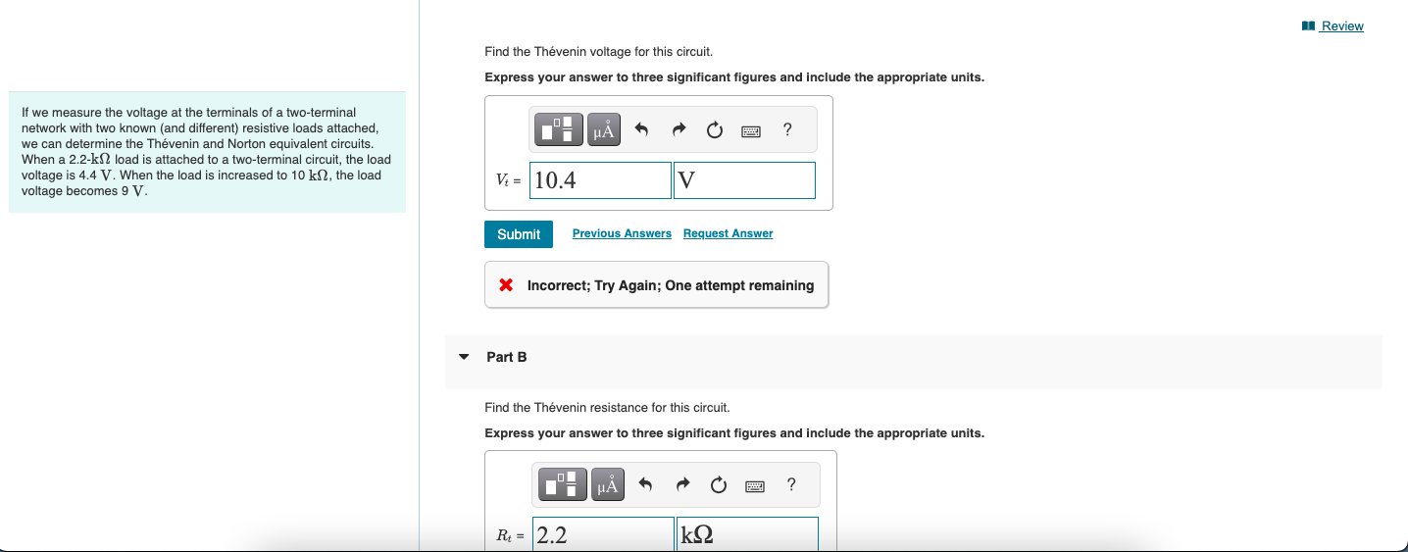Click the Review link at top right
tap(1340, 26)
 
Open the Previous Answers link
tap(622, 233)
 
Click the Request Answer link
tap(728, 233)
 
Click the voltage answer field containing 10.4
tap(600, 180)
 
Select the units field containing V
tap(744, 180)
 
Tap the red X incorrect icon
tap(506, 285)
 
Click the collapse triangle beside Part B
tap(464, 357)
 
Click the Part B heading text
tap(507, 357)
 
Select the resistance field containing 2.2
tap(603, 535)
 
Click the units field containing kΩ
tap(746, 535)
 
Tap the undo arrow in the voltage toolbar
tap(642, 129)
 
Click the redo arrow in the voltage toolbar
tap(679, 129)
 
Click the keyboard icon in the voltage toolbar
tap(752, 129)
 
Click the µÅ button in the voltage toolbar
tap(604, 129)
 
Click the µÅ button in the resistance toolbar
tap(608, 484)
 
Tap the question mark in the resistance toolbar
tap(791, 484)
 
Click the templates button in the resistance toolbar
tap(562, 484)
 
